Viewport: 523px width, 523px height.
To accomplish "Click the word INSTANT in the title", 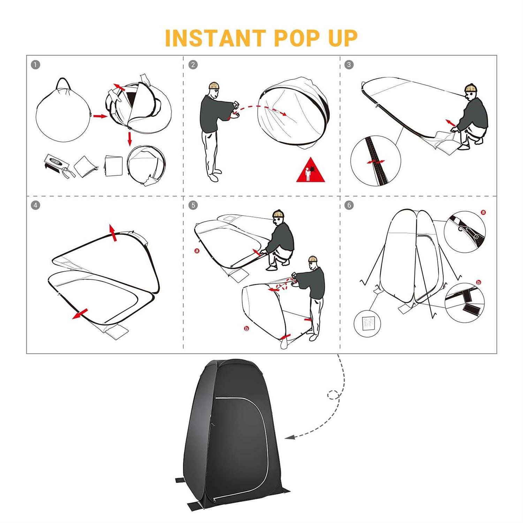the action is click(215, 38).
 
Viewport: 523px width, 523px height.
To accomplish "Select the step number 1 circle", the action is click(36, 65).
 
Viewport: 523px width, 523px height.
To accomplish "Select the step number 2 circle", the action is click(193, 65).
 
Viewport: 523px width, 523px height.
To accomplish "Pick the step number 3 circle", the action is click(349, 65).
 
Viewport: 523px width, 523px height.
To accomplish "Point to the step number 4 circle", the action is click(36, 205).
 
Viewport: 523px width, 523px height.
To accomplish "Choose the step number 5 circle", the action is click(193, 205).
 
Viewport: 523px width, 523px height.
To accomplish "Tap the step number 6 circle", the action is click(349, 205).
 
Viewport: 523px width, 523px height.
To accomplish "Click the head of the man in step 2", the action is click(213, 90).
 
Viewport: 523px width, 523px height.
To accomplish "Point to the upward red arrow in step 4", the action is click(113, 233).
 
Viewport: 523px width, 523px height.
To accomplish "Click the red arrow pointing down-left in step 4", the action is click(80, 314).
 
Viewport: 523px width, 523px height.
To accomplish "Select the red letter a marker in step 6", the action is click(483, 212).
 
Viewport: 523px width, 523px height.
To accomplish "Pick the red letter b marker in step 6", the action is click(479, 282).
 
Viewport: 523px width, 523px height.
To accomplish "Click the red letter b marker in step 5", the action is click(247, 328).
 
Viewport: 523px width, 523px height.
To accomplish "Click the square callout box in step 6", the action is click(367, 324).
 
